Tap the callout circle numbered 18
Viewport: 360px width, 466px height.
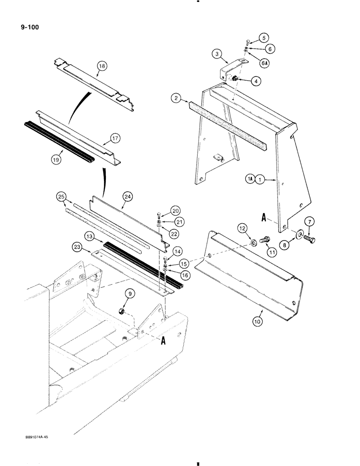(102, 66)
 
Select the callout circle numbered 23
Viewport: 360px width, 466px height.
(78, 246)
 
